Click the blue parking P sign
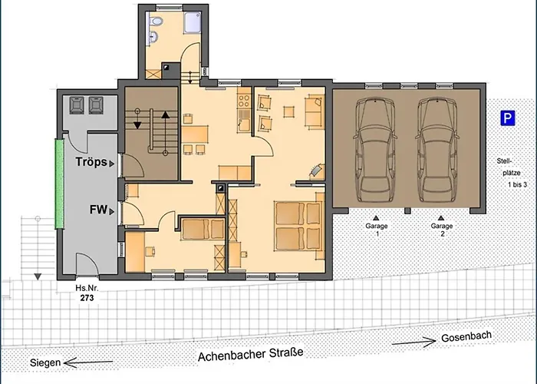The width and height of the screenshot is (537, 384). [x=508, y=118]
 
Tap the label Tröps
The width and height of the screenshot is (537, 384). [x=91, y=162]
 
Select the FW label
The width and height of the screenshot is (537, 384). [x=99, y=210]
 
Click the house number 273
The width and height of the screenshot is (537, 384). [x=87, y=298]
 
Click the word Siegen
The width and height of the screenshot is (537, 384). [x=45, y=362]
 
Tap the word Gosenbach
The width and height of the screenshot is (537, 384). [x=466, y=336]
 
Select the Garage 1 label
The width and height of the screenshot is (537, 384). [x=377, y=230]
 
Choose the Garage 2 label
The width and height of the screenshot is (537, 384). [x=442, y=230]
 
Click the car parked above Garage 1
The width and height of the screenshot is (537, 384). [x=375, y=150]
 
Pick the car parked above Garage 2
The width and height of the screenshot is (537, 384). [x=437, y=150]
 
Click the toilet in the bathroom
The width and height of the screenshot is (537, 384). [x=156, y=22]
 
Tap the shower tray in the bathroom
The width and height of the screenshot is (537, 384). [x=192, y=22]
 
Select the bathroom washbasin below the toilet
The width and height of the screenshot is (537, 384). [x=153, y=35]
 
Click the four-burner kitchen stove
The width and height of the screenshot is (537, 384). [x=244, y=101]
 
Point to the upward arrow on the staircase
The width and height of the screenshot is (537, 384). [x=166, y=131]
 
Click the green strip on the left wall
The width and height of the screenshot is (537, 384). [x=60, y=184]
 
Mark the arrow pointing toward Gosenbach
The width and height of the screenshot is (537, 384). [x=414, y=342]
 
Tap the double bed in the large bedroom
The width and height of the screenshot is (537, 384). [x=298, y=227]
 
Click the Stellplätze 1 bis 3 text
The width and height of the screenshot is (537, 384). [x=511, y=173]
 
